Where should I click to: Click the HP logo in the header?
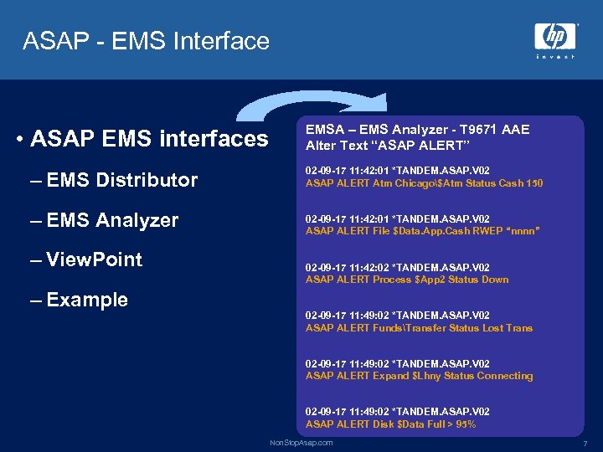(554, 36)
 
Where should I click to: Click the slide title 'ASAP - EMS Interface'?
(147, 41)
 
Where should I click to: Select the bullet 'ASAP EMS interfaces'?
(148, 138)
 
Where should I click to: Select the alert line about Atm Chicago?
(424, 182)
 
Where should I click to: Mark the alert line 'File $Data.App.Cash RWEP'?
(422, 231)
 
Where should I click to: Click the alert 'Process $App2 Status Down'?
(406, 280)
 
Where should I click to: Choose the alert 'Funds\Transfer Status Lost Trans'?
(419, 328)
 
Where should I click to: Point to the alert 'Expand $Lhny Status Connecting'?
(419, 376)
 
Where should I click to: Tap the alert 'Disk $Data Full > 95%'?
(390, 424)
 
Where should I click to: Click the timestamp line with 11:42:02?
(397, 267)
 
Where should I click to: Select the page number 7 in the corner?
(584, 442)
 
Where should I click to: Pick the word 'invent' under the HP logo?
(554, 56)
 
